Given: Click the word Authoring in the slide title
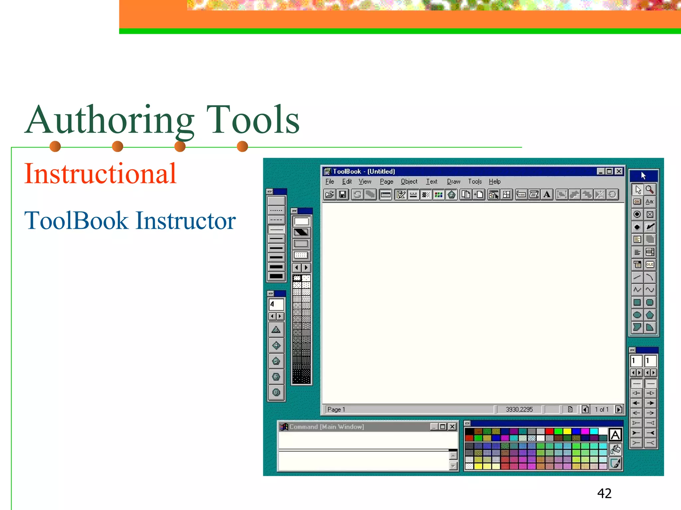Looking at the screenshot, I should coord(110,120).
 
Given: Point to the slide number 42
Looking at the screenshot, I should coord(604,493).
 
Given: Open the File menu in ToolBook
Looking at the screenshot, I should coord(330,182).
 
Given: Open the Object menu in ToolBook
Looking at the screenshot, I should coord(409,182).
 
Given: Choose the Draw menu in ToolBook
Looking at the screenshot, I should coord(453,182).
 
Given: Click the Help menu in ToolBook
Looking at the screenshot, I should coord(494,182).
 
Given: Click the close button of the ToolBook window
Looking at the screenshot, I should coord(619,171).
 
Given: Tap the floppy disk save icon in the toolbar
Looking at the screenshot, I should coord(342,195).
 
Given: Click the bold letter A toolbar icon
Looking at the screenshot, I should coord(547,195).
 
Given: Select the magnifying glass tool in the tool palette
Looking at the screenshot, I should coord(650,189).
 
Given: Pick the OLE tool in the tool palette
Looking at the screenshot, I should coord(650,265).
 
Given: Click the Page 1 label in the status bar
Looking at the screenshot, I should coord(336,409).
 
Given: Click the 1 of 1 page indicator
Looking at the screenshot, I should coord(602,409).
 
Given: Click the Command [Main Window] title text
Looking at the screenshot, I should coord(327,427).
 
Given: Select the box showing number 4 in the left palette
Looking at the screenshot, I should coord(276,304).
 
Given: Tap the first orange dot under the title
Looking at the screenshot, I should coord(55,146).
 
